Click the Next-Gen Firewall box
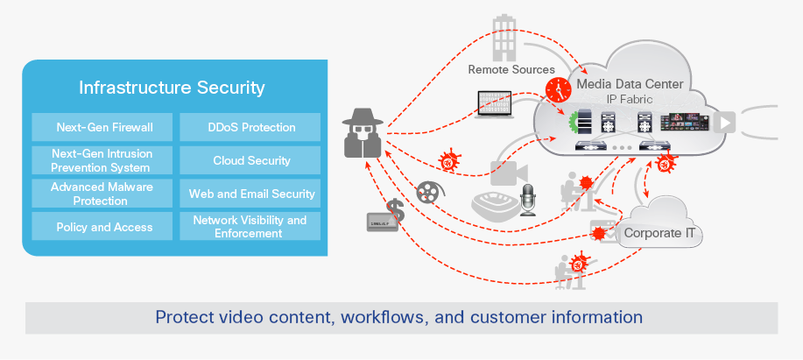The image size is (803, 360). coord(104,127)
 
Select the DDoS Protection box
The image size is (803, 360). coord(250,127)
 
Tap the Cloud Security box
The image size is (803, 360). coord(250,160)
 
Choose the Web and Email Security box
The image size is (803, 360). coord(250,194)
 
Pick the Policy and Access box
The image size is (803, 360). coord(104,227)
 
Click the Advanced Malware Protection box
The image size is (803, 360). coord(104,194)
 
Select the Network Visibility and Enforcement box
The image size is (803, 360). coord(250,227)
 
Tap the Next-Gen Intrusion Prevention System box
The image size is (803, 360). coord(104,160)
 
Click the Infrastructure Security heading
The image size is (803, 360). coord(172,88)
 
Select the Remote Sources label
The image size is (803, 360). coord(511,69)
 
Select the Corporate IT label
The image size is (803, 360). coord(662,234)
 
